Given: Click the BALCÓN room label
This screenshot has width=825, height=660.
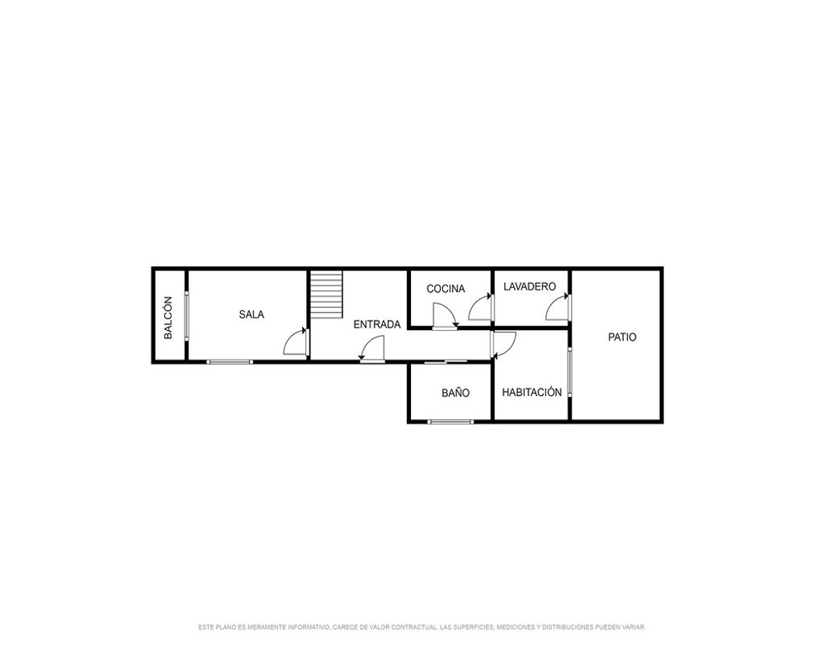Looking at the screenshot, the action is [x=167, y=318].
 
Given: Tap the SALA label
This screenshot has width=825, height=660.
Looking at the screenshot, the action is [x=252, y=314].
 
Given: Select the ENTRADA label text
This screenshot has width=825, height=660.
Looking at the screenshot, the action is [x=377, y=324].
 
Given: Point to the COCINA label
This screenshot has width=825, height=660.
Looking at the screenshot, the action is [x=445, y=289].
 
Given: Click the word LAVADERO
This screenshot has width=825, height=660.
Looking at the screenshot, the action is [x=530, y=286].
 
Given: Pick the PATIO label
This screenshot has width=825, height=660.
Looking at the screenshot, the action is [x=622, y=337].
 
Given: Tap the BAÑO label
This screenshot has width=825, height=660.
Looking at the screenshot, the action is [x=455, y=393].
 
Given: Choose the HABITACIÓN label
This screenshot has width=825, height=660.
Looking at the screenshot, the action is [x=532, y=392].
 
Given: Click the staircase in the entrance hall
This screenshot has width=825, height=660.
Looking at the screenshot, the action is [x=326, y=294].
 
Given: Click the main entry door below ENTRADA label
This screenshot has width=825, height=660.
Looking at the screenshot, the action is [x=373, y=348].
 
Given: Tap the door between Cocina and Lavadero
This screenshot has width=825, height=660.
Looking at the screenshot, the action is [x=481, y=308].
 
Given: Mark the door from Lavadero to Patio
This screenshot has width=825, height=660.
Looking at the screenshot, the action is [x=559, y=308].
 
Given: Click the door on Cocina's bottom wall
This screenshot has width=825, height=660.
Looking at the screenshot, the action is [x=445, y=316].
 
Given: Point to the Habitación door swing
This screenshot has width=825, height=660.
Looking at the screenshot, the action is [x=503, y=344].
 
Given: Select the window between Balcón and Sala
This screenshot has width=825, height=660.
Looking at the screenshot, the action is [x=186, y=316].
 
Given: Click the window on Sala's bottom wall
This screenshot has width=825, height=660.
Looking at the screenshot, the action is [x=230, y=361].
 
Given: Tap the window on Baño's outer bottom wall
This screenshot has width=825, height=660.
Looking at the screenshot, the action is [x=450, y=422].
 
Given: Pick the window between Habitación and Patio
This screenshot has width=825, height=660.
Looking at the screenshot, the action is [x=569, y=372].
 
